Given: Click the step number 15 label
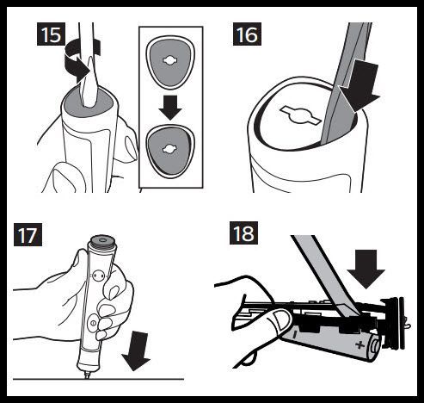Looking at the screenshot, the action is [51, 34].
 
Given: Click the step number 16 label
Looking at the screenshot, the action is [247, 34].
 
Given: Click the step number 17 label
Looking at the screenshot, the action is [28, 234].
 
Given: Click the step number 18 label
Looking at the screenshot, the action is [243, 232].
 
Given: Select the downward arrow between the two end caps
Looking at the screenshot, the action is [170, 108].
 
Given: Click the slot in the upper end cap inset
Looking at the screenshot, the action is [170, 60].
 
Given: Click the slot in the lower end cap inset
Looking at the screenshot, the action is [170, 149].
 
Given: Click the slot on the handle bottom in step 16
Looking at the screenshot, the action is [300, 115].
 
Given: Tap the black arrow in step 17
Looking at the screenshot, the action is [137, 351].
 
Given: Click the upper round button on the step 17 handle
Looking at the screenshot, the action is [99, 276].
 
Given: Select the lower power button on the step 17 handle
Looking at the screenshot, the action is [93, 323].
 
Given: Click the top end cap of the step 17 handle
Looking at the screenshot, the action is [103, 243].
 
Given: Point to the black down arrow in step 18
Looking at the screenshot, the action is [366, 269].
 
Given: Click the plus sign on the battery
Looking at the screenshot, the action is [359, 344].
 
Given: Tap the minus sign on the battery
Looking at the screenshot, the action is [295, 334].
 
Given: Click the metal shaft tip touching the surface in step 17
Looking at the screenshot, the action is [87, 376].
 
